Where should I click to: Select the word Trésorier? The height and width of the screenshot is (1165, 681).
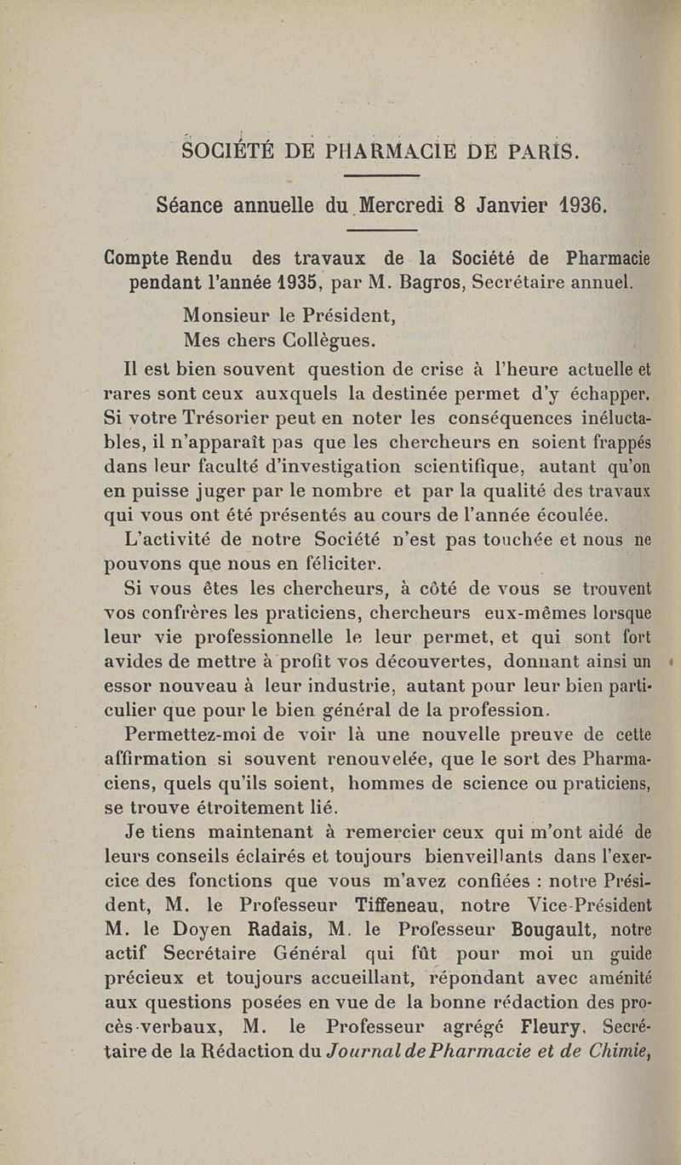pyautogui.click(x=273, y=418)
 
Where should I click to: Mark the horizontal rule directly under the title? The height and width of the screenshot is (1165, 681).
pyautogui.click(x=376, y=177)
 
